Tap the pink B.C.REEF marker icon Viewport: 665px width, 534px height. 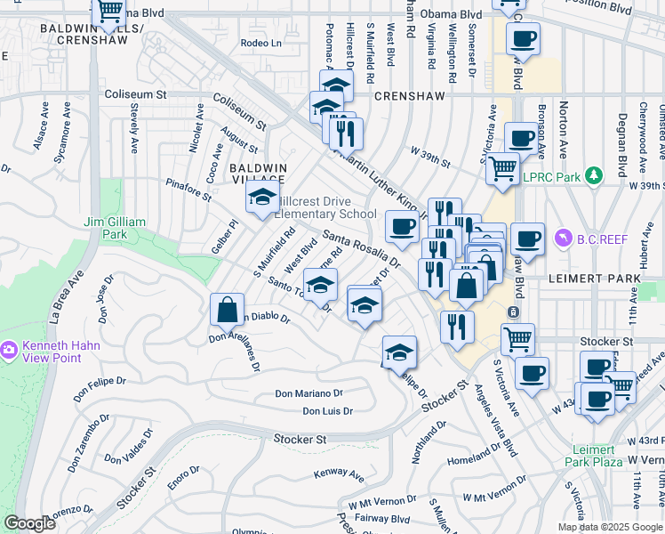(563, 239)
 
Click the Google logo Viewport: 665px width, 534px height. (29, 523)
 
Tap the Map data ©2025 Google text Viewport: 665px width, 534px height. (609, 527)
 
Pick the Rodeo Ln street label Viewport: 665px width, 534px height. (260, 43)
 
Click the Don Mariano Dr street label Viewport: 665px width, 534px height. (308, 392)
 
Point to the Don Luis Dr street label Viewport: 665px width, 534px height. (327, 411)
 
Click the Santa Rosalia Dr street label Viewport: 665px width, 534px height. (361, 249)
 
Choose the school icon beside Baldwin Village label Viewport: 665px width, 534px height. (262, 198)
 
